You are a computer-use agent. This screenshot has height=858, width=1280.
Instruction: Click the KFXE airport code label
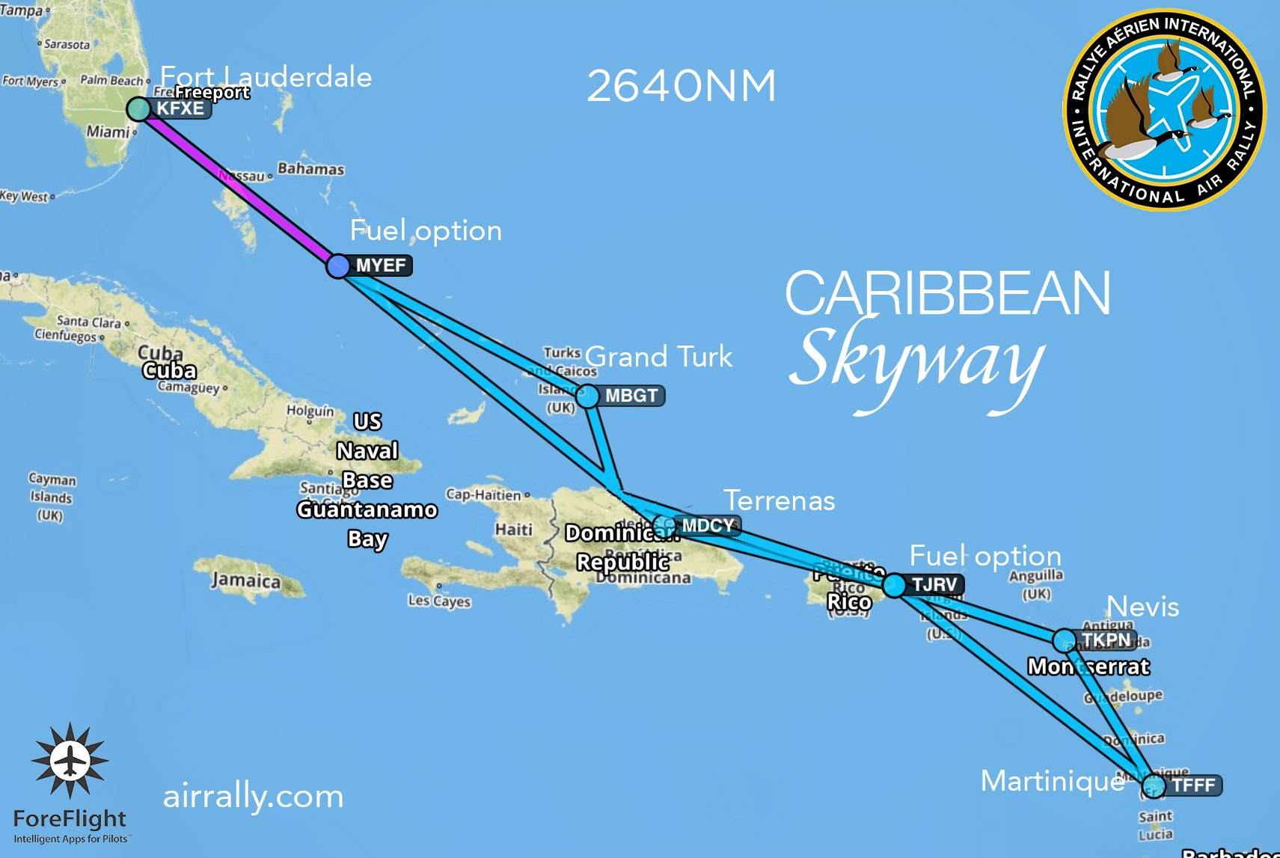click(180, 108)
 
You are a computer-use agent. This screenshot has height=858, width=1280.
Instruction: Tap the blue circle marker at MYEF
click(338, 266)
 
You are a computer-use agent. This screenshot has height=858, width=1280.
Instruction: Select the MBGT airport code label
click(631, 396)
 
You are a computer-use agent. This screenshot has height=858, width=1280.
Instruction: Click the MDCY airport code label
click(708, 526)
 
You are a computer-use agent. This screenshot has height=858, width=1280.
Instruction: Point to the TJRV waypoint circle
click(894, 585)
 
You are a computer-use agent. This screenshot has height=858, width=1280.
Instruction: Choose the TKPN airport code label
click(1106, 640)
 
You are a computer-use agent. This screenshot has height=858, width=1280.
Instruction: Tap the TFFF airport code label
click(1193, 785)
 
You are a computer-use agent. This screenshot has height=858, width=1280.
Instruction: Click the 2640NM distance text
click(681, 86)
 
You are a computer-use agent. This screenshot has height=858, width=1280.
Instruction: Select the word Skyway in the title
click(916, 363)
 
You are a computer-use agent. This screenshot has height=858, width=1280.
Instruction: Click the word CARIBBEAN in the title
click(948, 293)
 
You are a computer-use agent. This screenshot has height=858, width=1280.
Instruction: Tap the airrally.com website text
click(253, 796)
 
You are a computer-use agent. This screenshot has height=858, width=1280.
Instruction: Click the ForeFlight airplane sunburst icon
click(70, 761)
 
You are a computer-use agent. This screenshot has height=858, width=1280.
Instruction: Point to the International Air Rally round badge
click(1164, 110)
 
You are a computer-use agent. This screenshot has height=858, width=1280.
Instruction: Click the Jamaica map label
click(246, 580)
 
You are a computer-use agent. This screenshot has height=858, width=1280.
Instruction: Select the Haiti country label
click(513, 530)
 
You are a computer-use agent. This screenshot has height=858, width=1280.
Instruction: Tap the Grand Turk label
click(658, 357)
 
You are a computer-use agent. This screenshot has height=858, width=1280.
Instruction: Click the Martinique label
click(1053, 781)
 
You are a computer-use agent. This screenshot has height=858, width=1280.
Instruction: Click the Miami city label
click(108, 132)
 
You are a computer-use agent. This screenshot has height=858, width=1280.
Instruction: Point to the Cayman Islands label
click(52, 497)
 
